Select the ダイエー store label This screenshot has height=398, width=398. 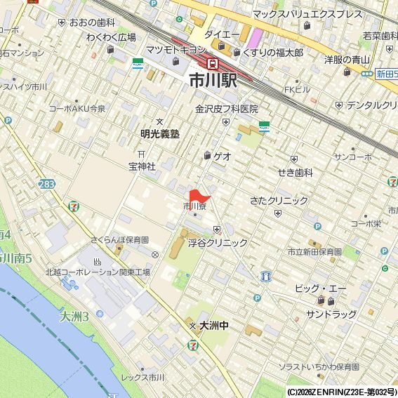[222, 34]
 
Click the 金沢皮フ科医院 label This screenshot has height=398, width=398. [227, 109]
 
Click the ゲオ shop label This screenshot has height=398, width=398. [223, 156]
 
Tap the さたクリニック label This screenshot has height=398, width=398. [279, 201]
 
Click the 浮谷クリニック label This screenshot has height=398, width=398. [218, 242]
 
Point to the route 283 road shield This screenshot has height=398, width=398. [46, 184]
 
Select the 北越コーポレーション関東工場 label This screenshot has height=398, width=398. [98, 272]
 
